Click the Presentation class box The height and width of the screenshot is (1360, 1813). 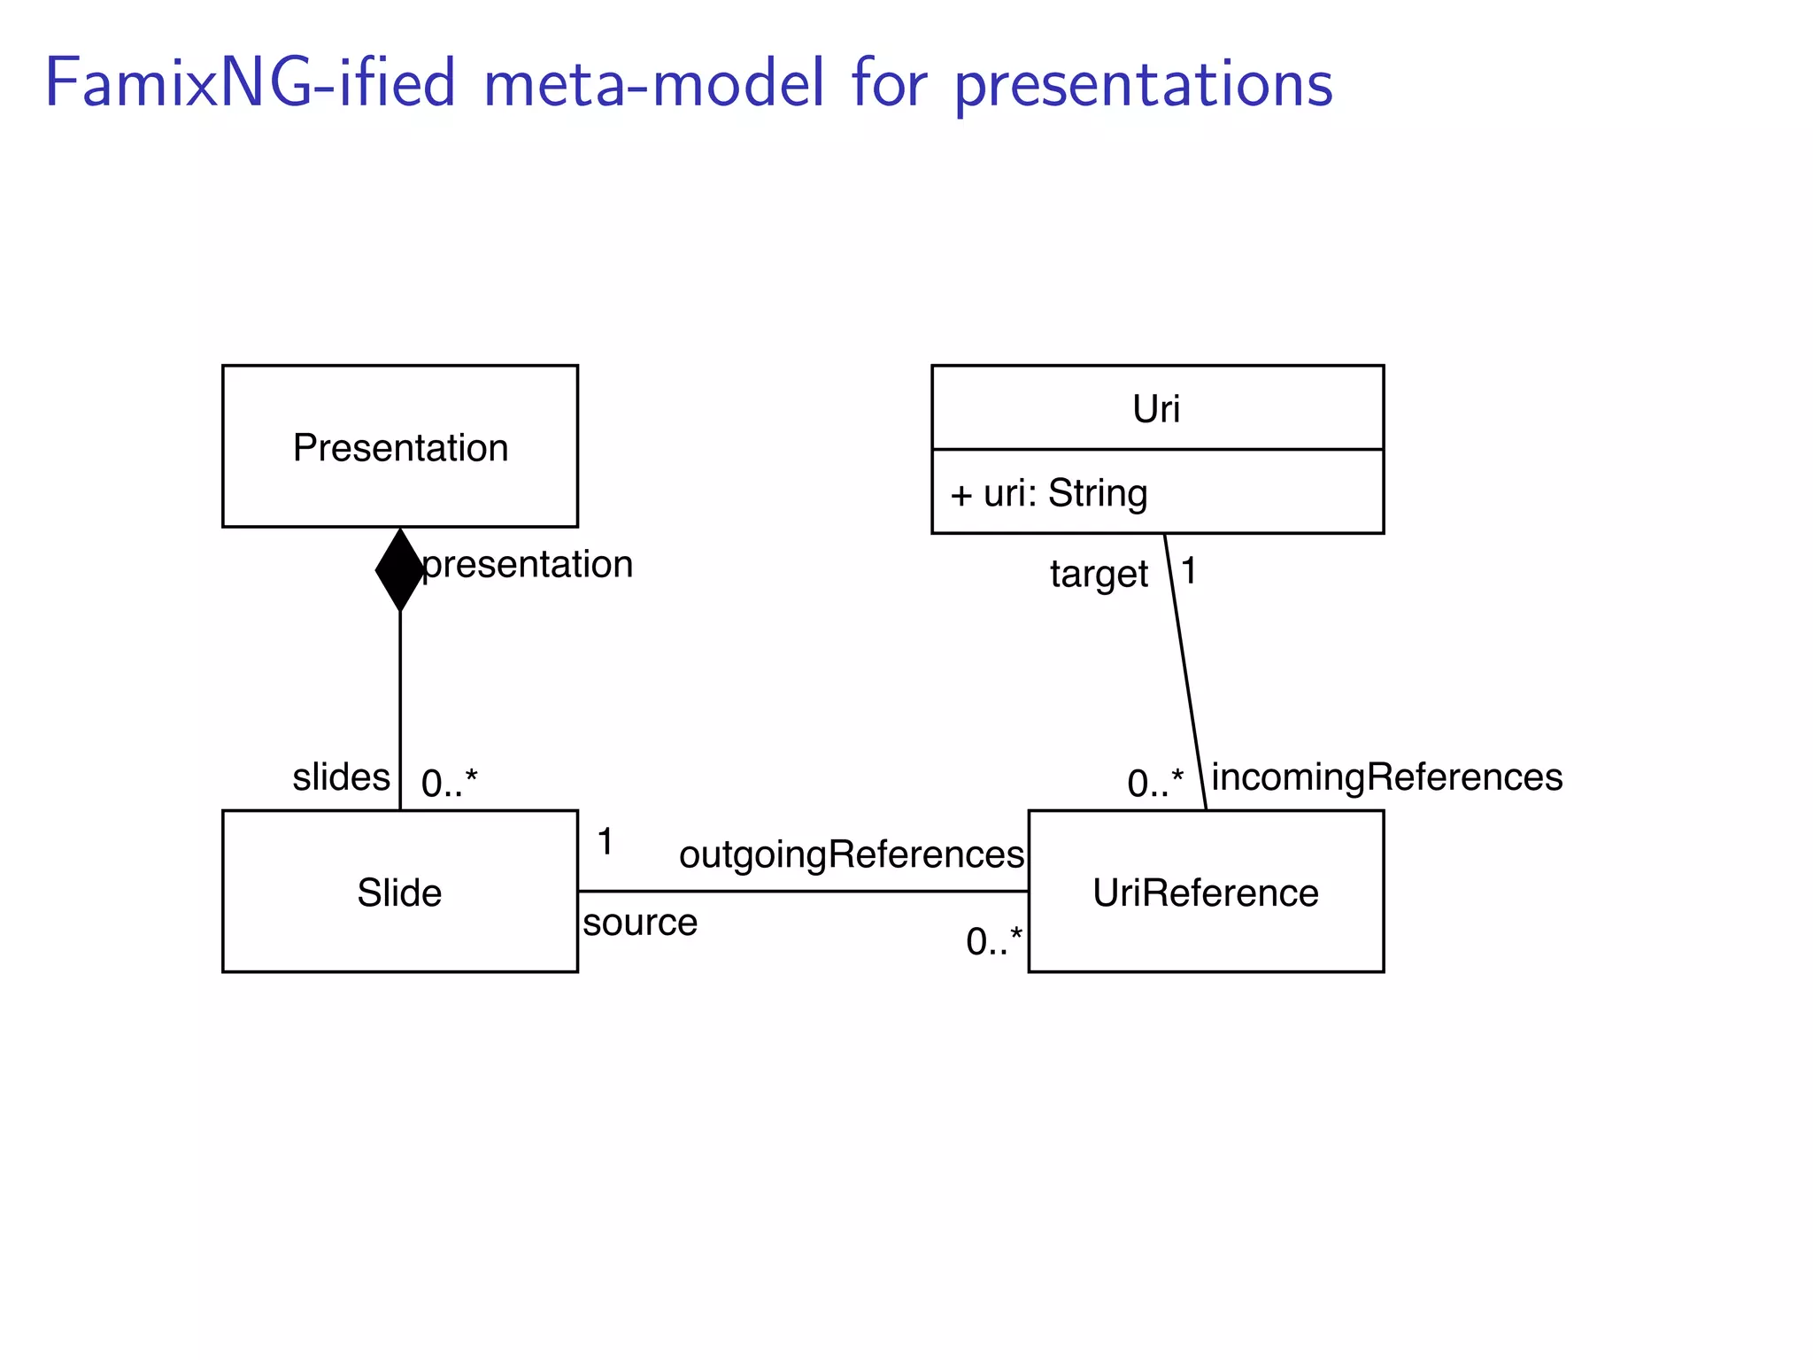[400, 446]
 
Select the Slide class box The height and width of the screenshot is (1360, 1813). [400, 892]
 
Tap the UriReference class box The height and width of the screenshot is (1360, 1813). [1206, 892]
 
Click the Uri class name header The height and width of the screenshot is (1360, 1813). [1157, 408]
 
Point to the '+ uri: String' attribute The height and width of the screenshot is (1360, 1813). [1049, 493]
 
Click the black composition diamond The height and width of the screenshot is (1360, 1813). [400, 569]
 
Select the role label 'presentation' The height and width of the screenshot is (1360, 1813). [528, 564]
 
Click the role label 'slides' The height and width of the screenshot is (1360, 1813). [341, 777]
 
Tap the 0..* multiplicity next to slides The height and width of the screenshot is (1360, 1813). [449, 783]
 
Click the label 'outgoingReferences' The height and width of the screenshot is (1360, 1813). [852, 854]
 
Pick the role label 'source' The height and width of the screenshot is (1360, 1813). [640, 923]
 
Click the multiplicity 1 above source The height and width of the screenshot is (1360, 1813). [606, 841]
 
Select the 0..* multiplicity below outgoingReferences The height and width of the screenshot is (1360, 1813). [994, 941]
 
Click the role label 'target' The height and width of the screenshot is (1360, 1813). [1099, 574]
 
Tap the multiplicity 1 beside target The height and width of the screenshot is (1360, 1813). [1190, 571]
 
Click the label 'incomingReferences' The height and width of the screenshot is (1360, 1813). [1387, 777]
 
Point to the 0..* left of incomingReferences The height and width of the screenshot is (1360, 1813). [1155, 783]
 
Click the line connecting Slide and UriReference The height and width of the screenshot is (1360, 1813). [801, 891]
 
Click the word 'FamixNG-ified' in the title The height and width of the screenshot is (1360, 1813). [250, 83]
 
